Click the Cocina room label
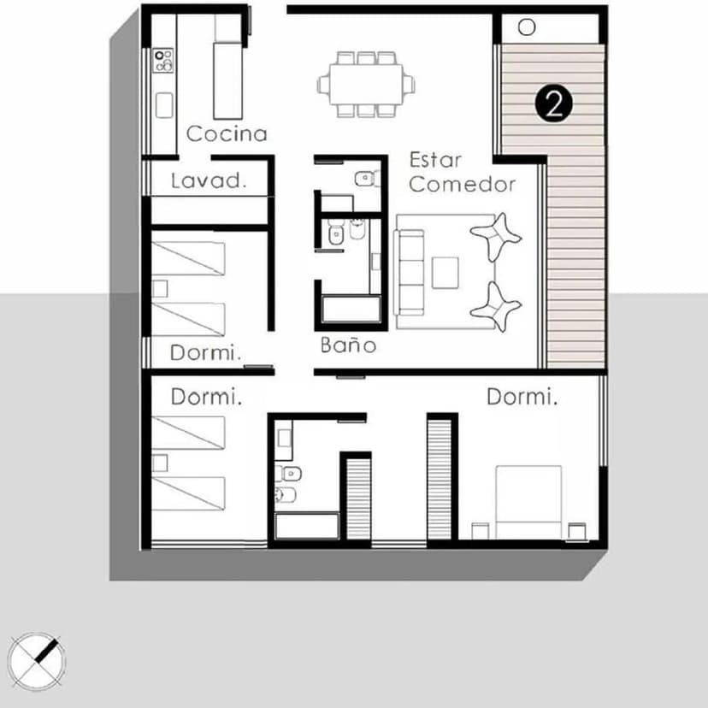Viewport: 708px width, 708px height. tap(227, 133)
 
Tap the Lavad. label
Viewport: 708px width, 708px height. tap(209, 180)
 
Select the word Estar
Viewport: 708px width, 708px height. tap(434, 160)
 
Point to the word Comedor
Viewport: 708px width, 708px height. tap(462, 185)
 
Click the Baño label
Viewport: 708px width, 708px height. tap(348, 345)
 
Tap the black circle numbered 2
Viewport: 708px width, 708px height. tap(553, 103)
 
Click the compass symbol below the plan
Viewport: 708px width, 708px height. tap(36, 661)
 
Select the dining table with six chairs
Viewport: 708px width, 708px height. tap(367, 84)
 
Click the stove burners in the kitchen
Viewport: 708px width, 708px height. tap(162, 60)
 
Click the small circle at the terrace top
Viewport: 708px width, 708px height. tap(527, 27)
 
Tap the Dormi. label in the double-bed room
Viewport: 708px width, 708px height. tap(522, 397)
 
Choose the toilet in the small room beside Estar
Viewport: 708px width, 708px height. tap(365, 178)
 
